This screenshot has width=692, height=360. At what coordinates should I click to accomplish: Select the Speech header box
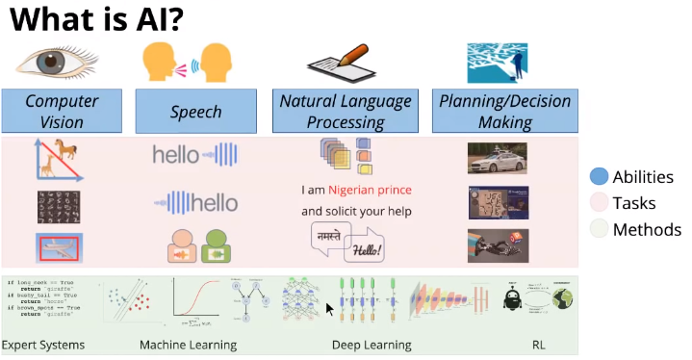[x=196, y=112]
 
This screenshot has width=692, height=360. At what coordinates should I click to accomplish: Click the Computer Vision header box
[x=62, y=112]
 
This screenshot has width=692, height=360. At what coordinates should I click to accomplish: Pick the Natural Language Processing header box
[x=345, y=112]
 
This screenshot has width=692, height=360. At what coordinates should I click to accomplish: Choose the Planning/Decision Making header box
[x=504, y=112]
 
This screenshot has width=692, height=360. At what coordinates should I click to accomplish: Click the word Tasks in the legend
[x=633, y=203]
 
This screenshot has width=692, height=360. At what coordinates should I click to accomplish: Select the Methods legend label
[x=647, y=230]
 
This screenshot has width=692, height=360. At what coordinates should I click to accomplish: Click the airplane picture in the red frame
[x=63, y=247]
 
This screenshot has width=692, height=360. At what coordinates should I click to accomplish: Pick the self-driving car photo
[x=497, y=158]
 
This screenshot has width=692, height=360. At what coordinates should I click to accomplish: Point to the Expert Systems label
[x=43, y=345]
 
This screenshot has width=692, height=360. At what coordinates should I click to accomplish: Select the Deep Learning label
[x=372, y=345]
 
